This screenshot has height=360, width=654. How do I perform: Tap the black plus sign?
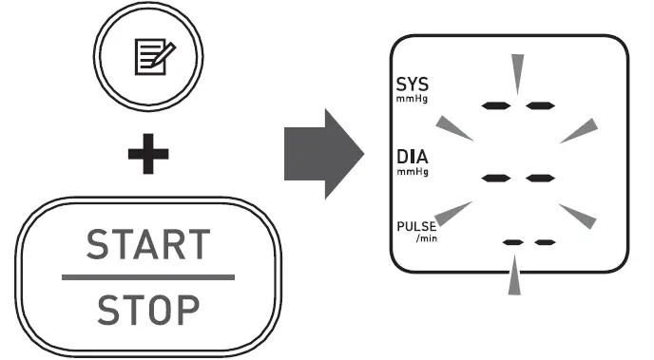148,157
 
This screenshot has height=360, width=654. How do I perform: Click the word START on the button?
147,246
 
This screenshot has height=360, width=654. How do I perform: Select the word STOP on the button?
147,308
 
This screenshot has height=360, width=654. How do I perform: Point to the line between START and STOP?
147,277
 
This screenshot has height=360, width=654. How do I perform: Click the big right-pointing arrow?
323,152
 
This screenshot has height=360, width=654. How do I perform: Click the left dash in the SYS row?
497,104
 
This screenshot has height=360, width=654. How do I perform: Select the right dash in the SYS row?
540,104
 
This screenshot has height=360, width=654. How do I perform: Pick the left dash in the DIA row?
497,178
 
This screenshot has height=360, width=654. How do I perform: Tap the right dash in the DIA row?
540,178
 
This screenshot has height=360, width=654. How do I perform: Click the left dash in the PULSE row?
513,243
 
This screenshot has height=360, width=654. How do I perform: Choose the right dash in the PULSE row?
545,243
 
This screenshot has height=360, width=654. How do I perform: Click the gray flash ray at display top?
517,72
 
